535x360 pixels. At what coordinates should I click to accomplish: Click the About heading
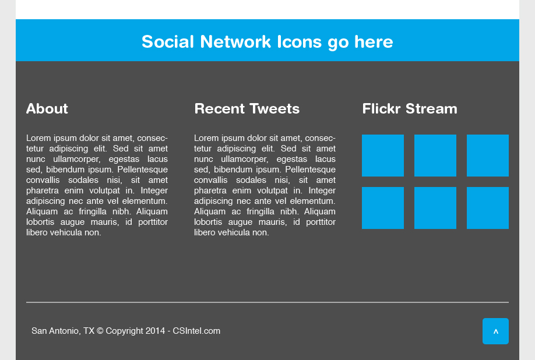pos(47,109)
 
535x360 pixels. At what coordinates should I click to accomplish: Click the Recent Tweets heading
pos(247,109)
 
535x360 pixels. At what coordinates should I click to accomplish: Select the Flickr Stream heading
pos(410,109)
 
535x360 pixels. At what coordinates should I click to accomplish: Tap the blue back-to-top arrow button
pos(495,331)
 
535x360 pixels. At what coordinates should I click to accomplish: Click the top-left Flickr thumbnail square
pos(383,156)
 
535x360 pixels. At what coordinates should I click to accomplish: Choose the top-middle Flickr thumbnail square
pos(435,156)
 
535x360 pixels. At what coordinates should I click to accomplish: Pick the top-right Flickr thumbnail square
pos(488,156)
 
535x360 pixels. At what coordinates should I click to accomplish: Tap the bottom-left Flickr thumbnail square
pos(383,208)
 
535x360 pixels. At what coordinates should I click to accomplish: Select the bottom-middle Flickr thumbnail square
pos(435,208)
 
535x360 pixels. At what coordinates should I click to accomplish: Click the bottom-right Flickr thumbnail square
pos(488,208)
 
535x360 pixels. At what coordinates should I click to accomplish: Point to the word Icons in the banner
pos(299,42)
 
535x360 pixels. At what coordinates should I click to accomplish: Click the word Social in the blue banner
pos(168,42)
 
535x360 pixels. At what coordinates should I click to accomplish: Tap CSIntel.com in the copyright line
pos(196,331)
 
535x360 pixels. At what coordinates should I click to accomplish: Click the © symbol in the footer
pos(100,331)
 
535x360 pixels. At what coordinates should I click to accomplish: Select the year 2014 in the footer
pos(155,331)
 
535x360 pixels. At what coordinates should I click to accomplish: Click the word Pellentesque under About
pos(143,170)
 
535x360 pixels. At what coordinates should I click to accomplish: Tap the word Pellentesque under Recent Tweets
pos(311,170)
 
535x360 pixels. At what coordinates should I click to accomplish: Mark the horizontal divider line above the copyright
pos(267,302)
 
